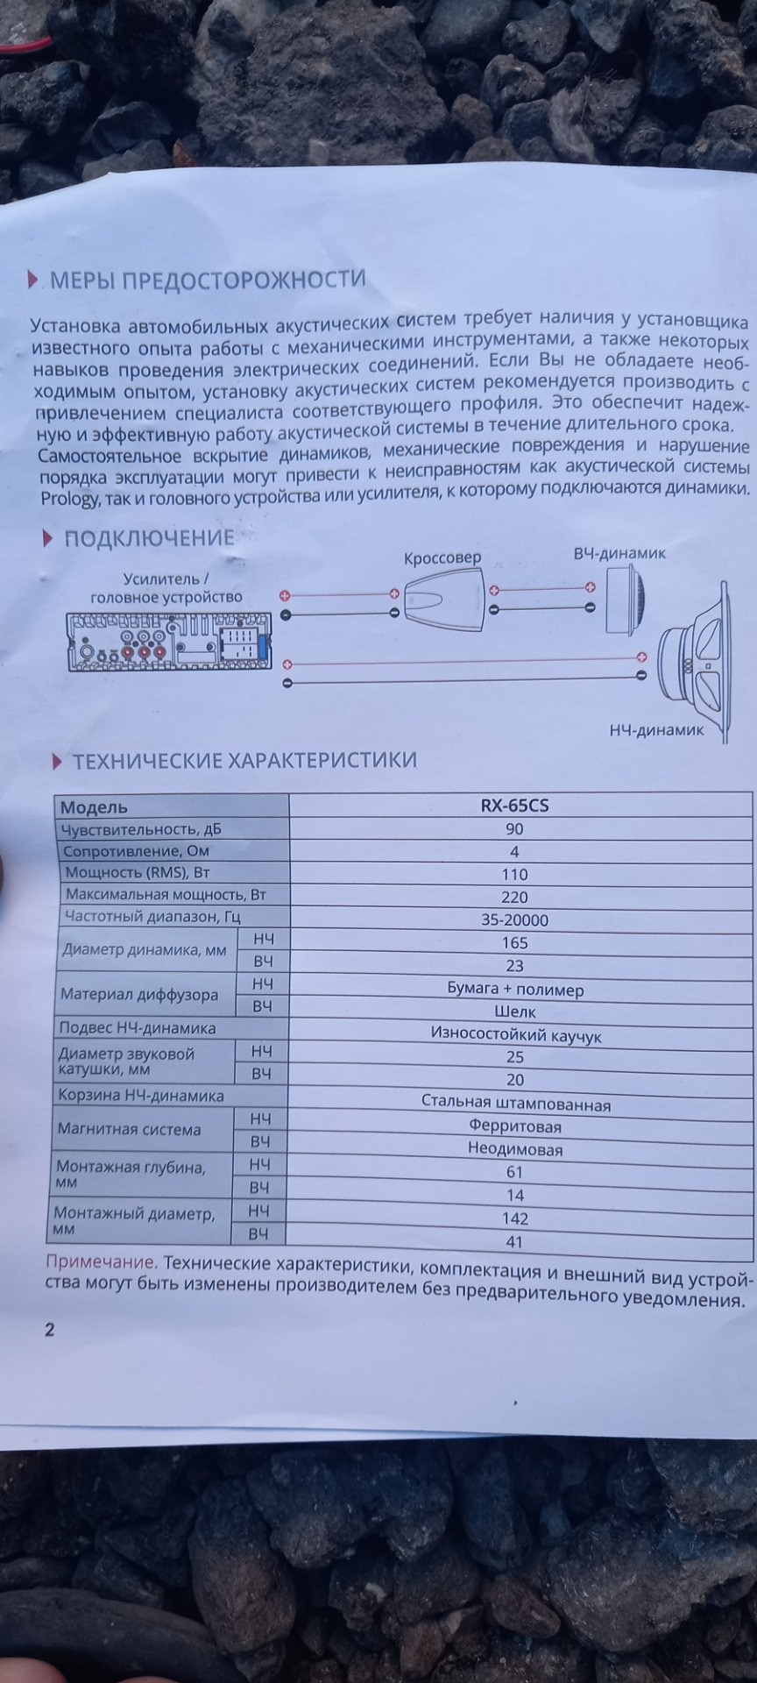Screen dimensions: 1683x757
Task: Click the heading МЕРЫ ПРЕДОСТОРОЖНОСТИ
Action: [208, 280]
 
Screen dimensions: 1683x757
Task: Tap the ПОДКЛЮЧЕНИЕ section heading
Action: [149, 538]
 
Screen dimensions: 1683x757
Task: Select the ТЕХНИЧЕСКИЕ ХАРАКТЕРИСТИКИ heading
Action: [244, 760]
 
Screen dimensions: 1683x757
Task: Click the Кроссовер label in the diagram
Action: [442, 558]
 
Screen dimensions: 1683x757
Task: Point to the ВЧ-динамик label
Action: [619, 554]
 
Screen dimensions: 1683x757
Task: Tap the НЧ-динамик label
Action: [656, 729]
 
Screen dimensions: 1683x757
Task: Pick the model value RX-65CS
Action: [514, 806]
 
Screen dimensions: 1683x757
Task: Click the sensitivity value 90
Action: [514, 829]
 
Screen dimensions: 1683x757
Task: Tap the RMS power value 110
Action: [514, 874]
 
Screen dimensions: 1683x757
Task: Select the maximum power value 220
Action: [514, 897]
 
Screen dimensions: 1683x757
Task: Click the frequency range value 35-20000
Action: [514, 920]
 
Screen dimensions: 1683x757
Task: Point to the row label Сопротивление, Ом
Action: [135, 851]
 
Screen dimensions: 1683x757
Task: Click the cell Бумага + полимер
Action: [515, 990]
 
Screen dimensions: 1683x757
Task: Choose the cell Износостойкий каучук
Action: [515, 1035]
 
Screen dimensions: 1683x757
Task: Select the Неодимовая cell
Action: [515, 1149]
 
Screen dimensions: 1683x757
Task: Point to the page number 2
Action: [49, 1330]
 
